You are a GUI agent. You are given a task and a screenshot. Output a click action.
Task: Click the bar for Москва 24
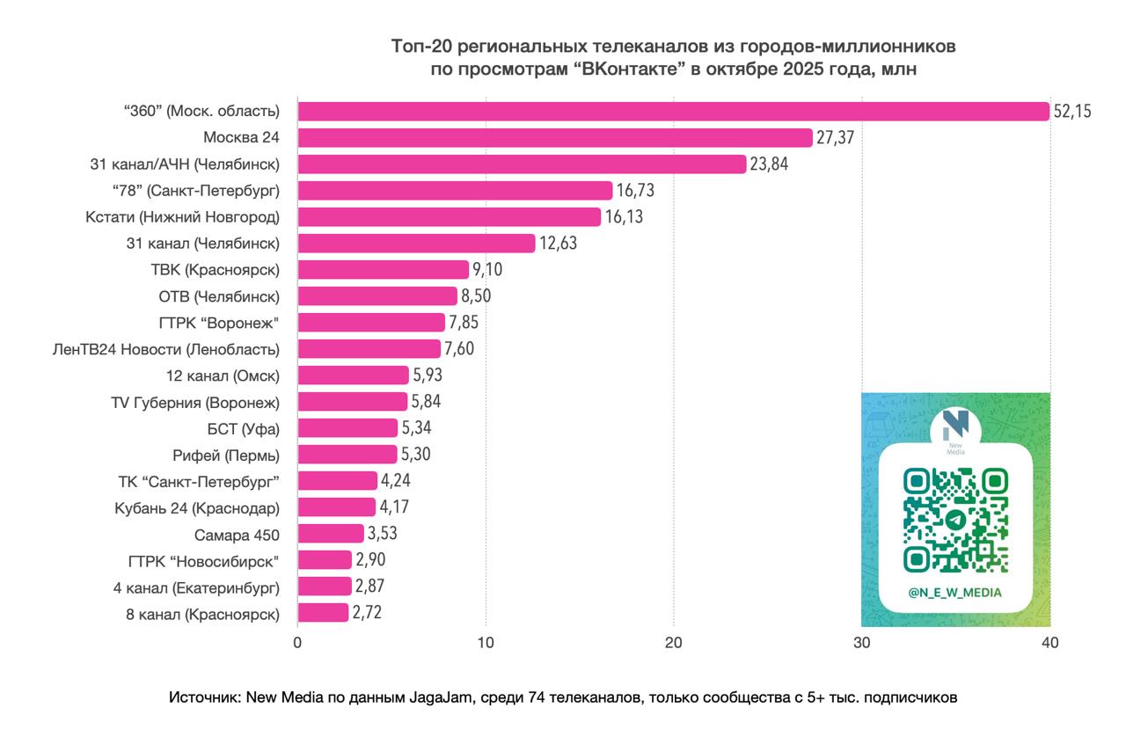[x=554, y=138]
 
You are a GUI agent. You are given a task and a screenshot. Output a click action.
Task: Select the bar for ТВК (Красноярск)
[x=383, y=270]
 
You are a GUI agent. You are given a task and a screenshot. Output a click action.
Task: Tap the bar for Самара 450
[x=330, y=534]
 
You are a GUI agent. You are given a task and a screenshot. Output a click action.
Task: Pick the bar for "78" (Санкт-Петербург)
[x=455, y=191]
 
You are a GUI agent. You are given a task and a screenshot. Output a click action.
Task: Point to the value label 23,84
[x=771, y=164]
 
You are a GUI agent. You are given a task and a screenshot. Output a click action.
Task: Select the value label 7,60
[x=459, y=349]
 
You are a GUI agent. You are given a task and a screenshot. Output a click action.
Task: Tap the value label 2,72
[x=367, y=613]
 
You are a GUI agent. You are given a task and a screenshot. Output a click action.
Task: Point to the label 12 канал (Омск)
[x=223, y=375]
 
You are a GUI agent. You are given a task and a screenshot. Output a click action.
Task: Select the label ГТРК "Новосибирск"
[x=203, y=560]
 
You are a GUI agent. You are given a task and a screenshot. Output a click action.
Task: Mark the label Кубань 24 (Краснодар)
[x=197, y=507]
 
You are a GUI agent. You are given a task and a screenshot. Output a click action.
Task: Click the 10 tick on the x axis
[x=486, y=643]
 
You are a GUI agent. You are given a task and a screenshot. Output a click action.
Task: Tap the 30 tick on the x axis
[x=861, y=643]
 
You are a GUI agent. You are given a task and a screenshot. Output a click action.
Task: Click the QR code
[x=955, y=519]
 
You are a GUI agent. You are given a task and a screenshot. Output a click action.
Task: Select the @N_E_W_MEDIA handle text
[x=955, y=593]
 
